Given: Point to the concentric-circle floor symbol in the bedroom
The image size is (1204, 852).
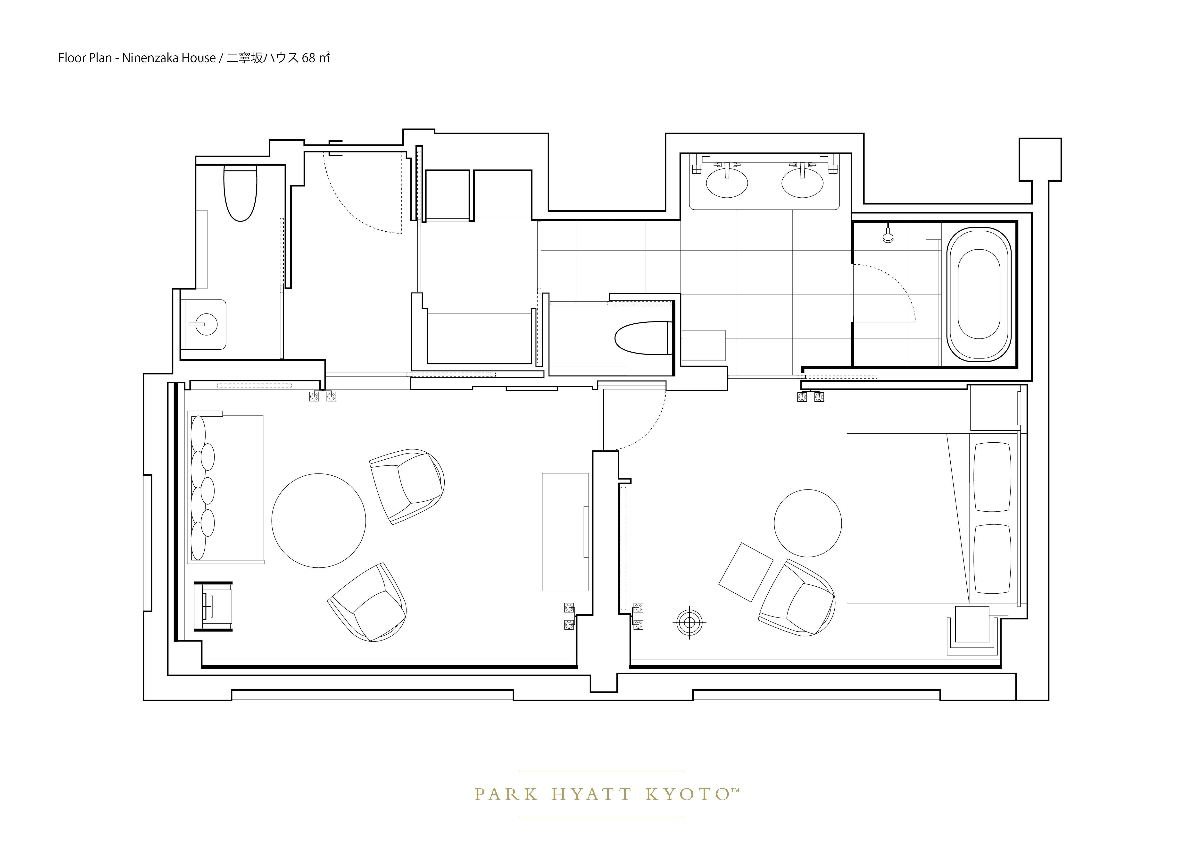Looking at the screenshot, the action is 689,622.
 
